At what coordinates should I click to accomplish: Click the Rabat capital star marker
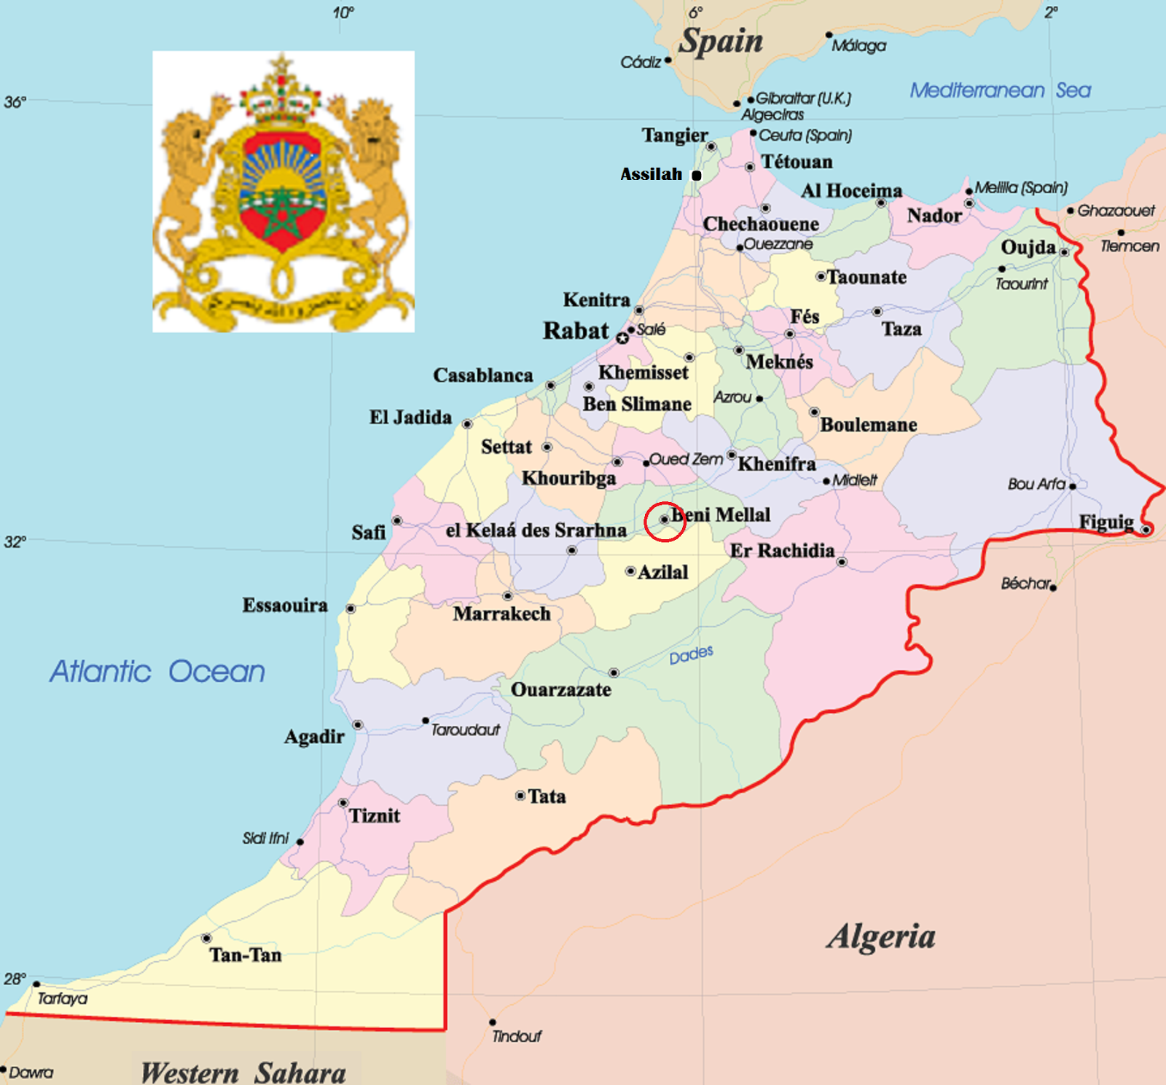(622, 338)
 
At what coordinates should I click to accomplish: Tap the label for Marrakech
(501, 614)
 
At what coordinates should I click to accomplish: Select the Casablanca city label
(482, 375)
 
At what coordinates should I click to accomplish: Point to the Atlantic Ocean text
(157, 671)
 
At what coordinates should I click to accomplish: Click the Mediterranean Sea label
(1000, 90)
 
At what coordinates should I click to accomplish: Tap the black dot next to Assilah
(696, 176)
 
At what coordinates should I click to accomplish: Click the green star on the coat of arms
(281, 213)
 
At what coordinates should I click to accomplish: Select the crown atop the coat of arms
(281, 95)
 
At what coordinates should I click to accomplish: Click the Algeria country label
(880, 936)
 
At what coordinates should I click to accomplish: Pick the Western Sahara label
(243, 1072)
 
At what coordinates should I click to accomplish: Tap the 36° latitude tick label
(15, 102)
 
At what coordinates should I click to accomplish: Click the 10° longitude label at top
(343, 12)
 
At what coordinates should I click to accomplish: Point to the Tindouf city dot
(493, 1022)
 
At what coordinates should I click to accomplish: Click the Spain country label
(721, 41)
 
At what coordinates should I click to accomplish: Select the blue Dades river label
(691, 654)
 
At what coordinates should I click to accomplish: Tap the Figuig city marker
(1145, 530)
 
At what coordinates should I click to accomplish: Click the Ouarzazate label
(560, 689)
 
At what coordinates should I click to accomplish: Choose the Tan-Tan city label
(245, 955)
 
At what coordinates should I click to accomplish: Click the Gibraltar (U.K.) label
(802, 98)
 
